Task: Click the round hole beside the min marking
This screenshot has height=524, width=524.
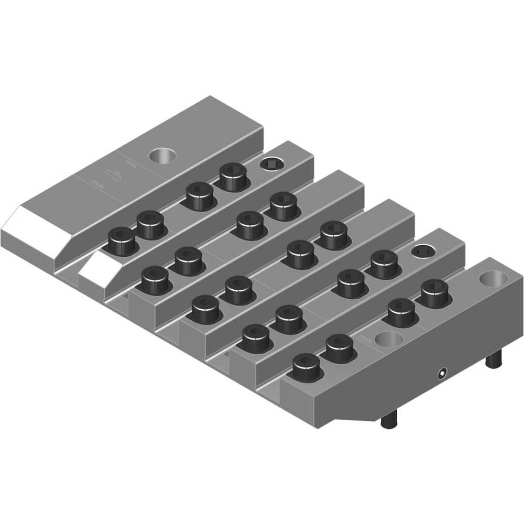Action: click(x=162, y=155)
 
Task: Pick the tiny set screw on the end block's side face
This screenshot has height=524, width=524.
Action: click(x=443, y=373)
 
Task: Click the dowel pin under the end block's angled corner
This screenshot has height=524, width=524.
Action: click(x=389, y=419)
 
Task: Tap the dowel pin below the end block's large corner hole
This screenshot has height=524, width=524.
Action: click(x=493, y=359)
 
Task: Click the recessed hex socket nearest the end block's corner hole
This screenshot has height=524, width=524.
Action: click(x=422, y=252)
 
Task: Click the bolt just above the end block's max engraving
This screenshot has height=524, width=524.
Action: click(x=340, y=347)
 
